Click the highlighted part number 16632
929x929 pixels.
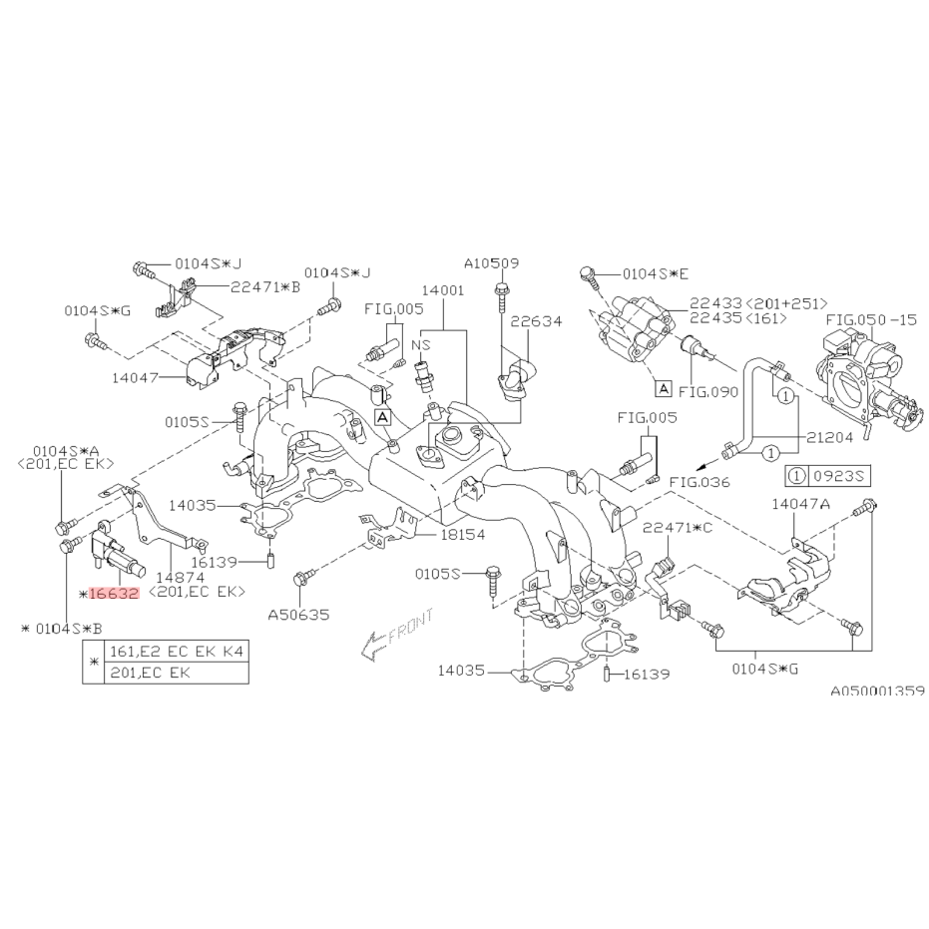[x=113, y=593]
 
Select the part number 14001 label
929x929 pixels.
[x=443, y=290]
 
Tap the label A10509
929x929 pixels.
[x=491, y=263]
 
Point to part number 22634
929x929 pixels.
[x=536, y=321]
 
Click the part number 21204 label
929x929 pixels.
[x=829, y=437]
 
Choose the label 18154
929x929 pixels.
[x=463, y=535]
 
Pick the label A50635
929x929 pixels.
[x=298, y=615]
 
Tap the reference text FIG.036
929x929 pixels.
[x=699, y=482]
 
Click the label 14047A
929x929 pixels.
[x=800, y=504]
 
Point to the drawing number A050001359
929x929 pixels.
[x=877, y=691]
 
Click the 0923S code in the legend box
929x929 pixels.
[x=839, y=475]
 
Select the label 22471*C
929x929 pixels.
[x=678, y=527]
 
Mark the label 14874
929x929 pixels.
[x=180, y=577]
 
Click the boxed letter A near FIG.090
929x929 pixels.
[x=663, y=389]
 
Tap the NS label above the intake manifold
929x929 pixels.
[x=421, y=345]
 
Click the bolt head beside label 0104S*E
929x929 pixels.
[x=586, y=273]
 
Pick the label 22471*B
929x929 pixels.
[x=265, y=286]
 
